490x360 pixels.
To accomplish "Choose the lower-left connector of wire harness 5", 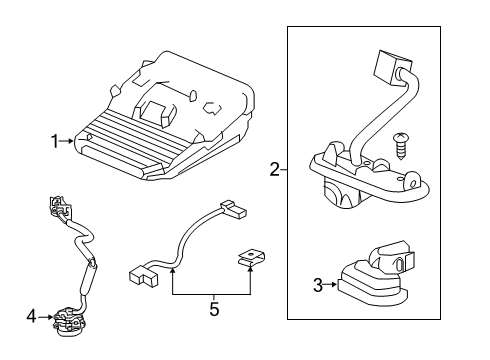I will (145, 273).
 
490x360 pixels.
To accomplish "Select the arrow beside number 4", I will (46, 318).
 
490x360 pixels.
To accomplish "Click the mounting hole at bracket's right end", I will (410, 182).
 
